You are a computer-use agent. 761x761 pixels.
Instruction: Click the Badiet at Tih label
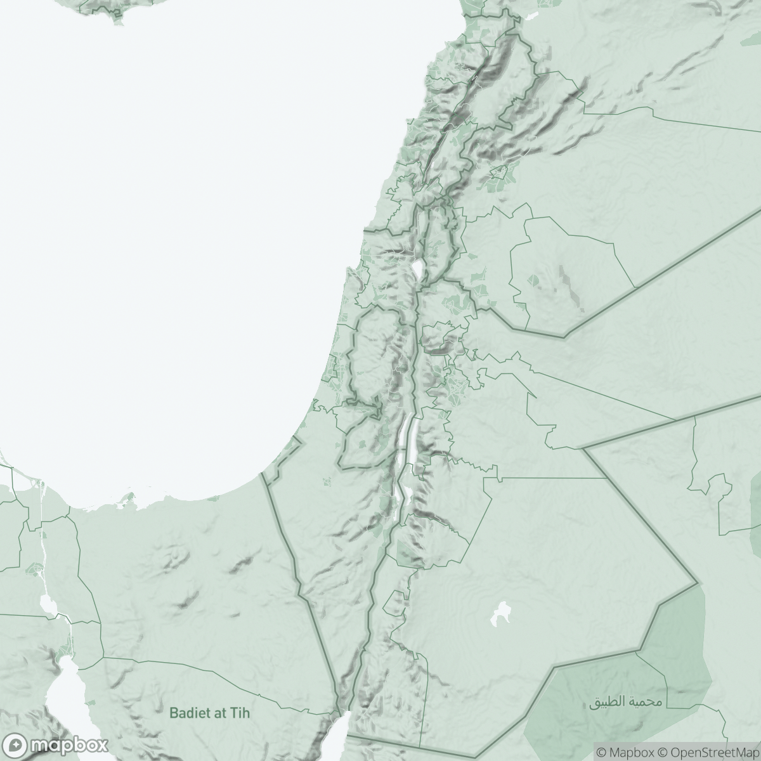[210, 713]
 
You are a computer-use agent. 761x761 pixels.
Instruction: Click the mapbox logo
[55, 744]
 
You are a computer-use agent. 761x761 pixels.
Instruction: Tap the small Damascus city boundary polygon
[499, 171]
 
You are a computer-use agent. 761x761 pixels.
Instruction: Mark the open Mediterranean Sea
[159, 254]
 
